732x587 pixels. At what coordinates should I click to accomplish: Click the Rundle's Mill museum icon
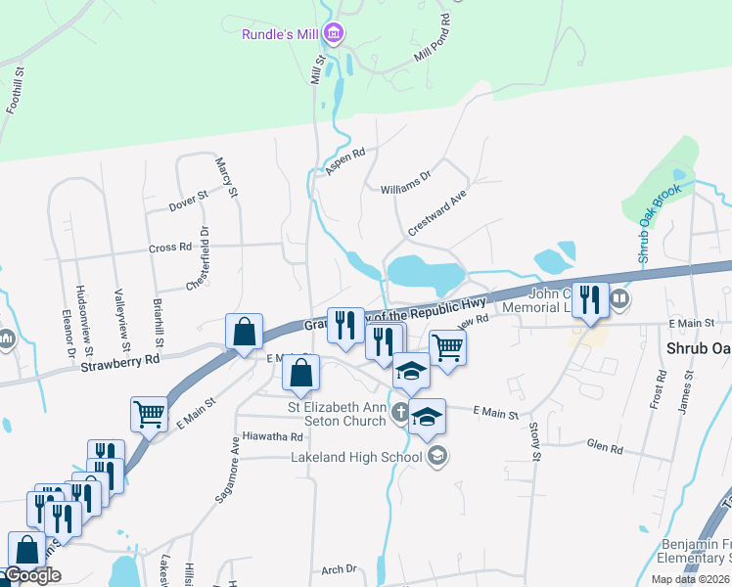coord(334,35)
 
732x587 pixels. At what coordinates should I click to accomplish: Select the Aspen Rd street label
coord(345,160)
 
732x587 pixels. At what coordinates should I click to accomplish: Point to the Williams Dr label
coord(405,180)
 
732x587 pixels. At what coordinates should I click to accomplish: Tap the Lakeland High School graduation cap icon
coord(437,455)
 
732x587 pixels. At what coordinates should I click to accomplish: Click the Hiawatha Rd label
coord(274,436)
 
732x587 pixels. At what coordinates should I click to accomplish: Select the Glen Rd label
coord(604,448)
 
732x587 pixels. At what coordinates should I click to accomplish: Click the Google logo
coord(32,576)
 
